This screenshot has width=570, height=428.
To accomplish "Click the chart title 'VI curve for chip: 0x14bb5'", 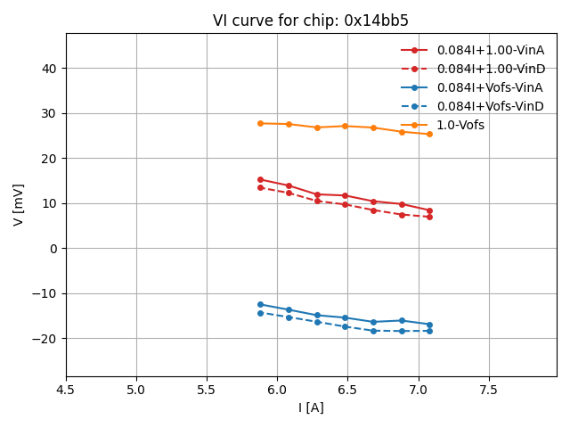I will point(311,21).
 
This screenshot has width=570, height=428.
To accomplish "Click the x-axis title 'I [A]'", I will point(311,407).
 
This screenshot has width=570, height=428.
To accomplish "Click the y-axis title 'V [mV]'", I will point(19,204).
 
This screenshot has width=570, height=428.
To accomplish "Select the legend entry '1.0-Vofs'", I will point(460,125).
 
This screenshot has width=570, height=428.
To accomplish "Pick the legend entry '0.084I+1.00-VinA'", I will point(490,50).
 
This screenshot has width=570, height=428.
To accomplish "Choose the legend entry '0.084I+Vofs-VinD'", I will point(490,106).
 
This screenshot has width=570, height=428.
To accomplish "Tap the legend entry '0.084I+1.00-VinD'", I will point(490,69).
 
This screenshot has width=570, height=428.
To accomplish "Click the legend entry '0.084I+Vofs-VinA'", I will point(490,87).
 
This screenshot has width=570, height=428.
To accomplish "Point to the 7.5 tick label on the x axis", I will point(489,390).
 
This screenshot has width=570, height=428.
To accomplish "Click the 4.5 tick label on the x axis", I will point(66,390).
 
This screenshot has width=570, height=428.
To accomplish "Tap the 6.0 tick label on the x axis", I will point(277,390).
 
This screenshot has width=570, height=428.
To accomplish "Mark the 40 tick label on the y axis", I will point(49,69).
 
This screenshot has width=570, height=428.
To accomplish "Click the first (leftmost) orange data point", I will point(260,123).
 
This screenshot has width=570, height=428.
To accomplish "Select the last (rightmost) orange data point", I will point(429,134).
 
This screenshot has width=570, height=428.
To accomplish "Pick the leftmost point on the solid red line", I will point(260,179).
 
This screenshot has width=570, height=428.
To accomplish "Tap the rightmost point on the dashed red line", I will point(429,217).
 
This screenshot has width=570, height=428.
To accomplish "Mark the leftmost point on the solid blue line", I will point(260,304).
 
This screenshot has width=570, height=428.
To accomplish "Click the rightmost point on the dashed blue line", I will point(429,331).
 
